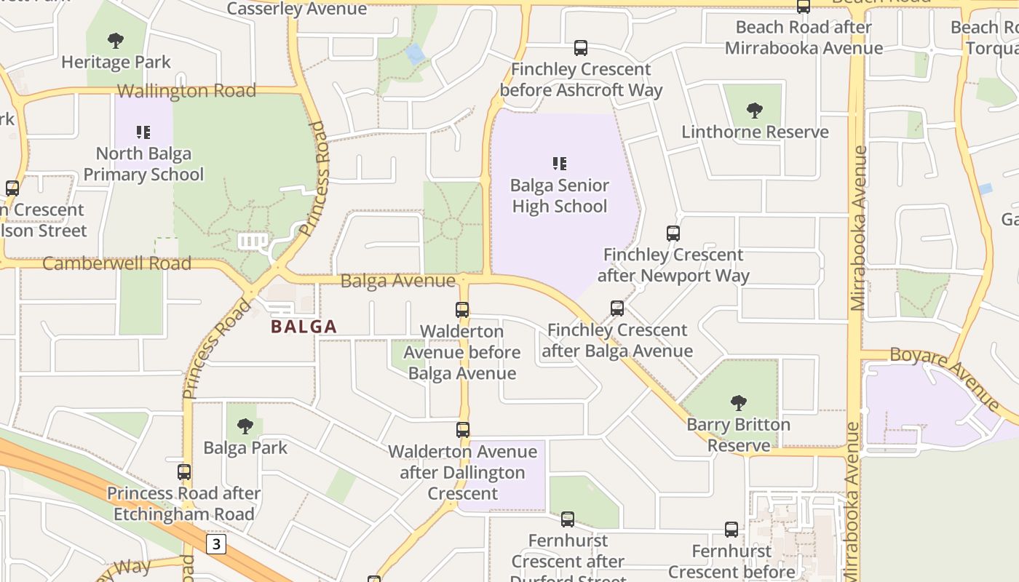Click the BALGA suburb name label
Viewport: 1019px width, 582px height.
[x=304, y=327]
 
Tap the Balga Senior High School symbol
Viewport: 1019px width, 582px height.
[x=559, y=164]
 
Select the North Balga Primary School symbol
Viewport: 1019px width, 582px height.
[x=143, y=132]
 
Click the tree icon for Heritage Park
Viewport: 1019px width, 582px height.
[x=115, y=41]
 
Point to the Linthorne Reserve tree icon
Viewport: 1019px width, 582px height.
[x=755, y=111]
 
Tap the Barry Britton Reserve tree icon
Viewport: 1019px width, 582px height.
[x=739, y=402]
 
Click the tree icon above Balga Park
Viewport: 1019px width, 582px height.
[x=245, y=426]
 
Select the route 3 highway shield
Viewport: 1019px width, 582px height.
[x=215, y=544]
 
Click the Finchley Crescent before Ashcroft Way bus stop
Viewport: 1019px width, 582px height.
[x=580, y=48]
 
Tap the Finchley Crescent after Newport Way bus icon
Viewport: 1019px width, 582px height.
[x=673, y=234]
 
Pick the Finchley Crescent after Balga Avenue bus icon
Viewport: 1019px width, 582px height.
[x=617, y=308]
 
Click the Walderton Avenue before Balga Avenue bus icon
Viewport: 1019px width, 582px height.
[x=462, y=310]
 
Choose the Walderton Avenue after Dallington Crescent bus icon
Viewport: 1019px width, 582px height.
[x=463, y=430]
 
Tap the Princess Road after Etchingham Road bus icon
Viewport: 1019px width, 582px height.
[x=184, y=472]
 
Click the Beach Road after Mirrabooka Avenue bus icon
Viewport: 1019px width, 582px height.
[x=804, y=7]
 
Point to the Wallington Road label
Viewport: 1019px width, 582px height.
[x=186, y=91]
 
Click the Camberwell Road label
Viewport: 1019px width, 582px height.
[x=116, y=263]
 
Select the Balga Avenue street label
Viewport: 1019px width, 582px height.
[x=397, y=281]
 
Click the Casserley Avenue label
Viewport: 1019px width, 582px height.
[x=297, y=9]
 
